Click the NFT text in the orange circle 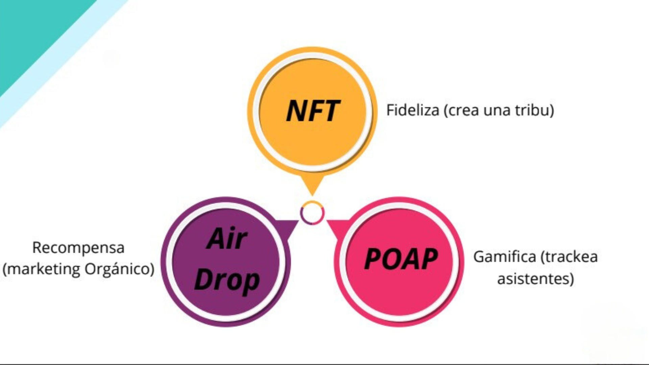pos(313,111)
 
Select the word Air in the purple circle pos(227,239)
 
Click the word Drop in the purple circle pos(227,280)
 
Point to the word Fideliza pos(412,110)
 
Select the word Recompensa pos(78,248)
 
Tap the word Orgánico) pos(119,269)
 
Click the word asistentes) pos(535,279)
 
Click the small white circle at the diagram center pos(312,213)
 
